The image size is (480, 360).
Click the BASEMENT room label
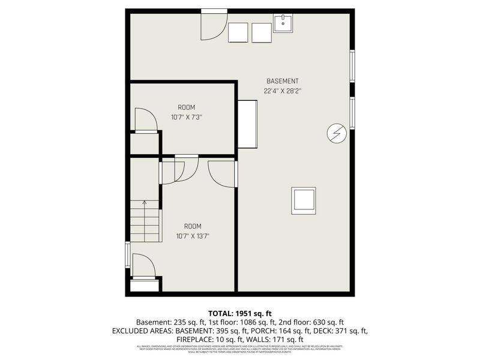(x=282, y=82)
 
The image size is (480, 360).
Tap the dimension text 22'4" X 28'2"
(x=282, y=91)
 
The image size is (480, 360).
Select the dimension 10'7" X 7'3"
(x=186, y=117)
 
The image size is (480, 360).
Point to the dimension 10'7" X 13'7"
(x=193, y=236)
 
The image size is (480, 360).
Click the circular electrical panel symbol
(x=335, y=133)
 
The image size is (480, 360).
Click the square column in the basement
(x=304, y=200)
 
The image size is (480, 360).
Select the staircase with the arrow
(x=145, y=221)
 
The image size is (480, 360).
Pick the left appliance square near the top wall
(x=238, y=32)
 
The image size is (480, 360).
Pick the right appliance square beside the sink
(x=262, y=32)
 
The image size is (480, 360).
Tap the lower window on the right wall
(x=352, y=112)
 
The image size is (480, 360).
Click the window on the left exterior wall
(x=127, y=254)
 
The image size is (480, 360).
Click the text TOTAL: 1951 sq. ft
(x=240, y=313)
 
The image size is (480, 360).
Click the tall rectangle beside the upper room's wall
(x=248, y=124)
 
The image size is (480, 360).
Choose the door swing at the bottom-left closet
(x=143, y=266)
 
